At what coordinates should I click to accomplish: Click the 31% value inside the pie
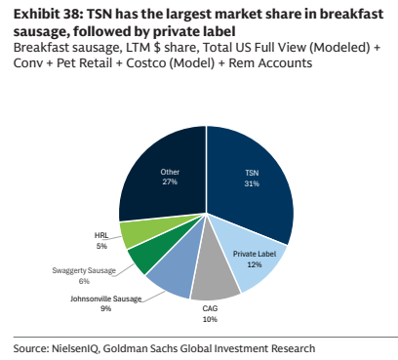pos(252,183)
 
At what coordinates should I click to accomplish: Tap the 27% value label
pos(170,181)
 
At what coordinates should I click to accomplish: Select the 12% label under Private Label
pos(255,264)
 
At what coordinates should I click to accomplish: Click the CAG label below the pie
pos(210,308)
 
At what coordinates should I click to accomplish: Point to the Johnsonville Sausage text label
pos(106,299)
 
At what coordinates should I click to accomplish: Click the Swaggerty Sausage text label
pos(84,270)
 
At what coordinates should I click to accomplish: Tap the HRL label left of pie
pos(101,235)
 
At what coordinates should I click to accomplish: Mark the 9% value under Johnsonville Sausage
pos(105,308)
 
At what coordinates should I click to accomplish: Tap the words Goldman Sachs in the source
pos(140,348)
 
